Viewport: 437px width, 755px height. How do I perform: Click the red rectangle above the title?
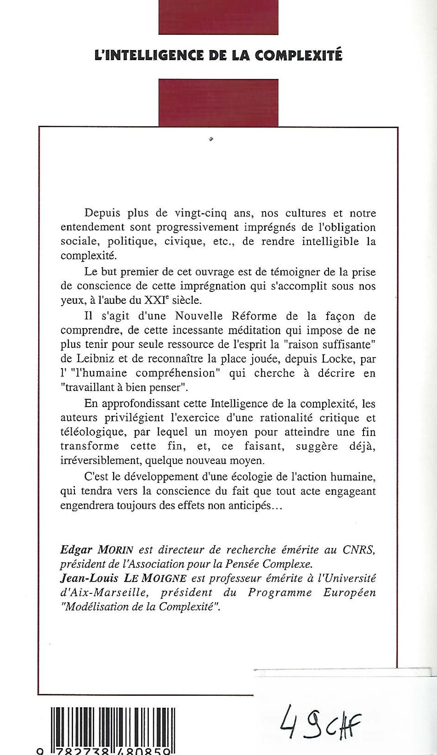coord(218,17)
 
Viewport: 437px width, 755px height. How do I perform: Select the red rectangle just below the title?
coord(218,102)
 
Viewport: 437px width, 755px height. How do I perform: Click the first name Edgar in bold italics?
coord(76,550)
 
